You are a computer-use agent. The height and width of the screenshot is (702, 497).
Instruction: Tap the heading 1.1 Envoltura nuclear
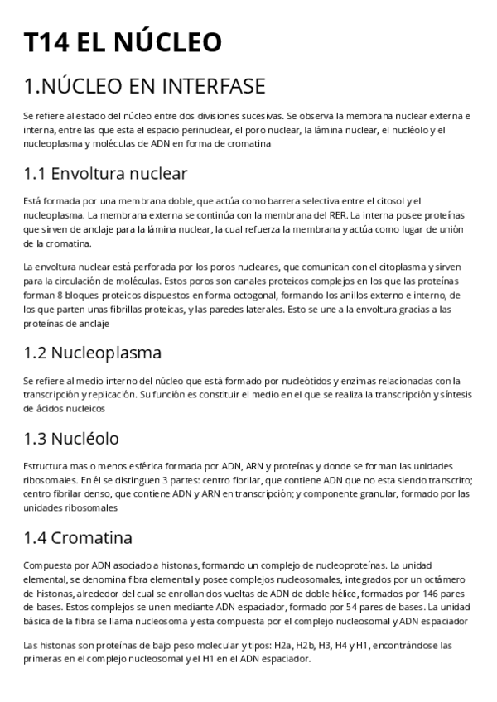point(105,173)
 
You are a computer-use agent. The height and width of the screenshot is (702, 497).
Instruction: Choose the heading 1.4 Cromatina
point(80,537)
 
